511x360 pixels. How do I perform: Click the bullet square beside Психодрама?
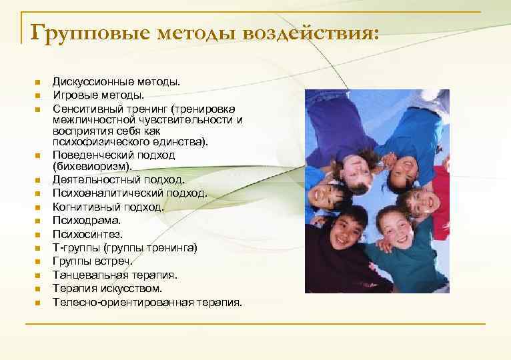[38, 221]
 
